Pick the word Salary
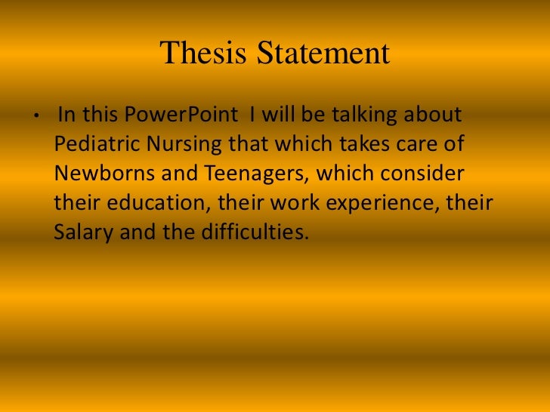[82, 232]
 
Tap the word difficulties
[258, 232]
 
